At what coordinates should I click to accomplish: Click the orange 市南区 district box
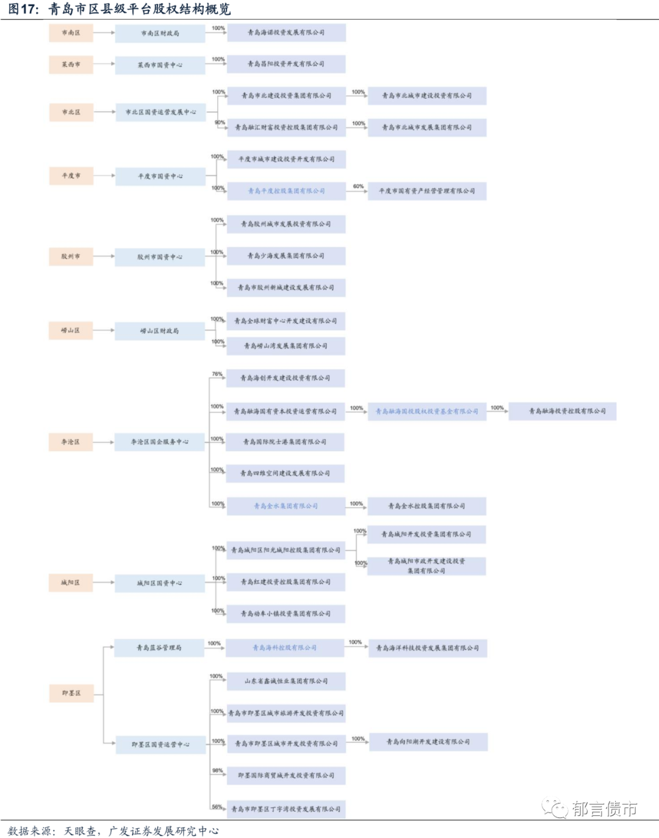point(71,33)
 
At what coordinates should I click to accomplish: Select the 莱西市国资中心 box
point(160,65)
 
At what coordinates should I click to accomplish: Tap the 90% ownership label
point(219,123)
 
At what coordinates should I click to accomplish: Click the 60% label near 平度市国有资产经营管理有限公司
point(358,186)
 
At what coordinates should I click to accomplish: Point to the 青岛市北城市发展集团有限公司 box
point(427,128)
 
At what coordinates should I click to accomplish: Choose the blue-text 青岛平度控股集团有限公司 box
point(286,191)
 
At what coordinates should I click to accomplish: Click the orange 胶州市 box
point(71,256)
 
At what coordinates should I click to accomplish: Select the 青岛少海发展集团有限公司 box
point(286,256)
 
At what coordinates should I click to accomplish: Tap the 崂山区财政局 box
point(160,331)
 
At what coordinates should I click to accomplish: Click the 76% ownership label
point(217,374)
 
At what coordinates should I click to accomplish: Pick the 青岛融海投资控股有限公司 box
point(562,411)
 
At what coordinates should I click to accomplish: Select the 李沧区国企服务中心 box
point(160,442)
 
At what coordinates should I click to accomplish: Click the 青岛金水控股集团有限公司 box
point(427,506)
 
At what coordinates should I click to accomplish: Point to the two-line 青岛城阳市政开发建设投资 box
point(427,566)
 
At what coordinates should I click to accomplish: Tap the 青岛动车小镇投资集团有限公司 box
point(286,613)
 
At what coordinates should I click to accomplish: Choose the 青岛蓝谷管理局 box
point(159,648)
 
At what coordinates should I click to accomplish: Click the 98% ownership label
point(217,771)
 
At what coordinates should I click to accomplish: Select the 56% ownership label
point(217,807)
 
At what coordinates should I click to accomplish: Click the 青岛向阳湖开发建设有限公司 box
point(428,742)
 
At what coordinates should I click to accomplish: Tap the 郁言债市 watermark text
point(604,809)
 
